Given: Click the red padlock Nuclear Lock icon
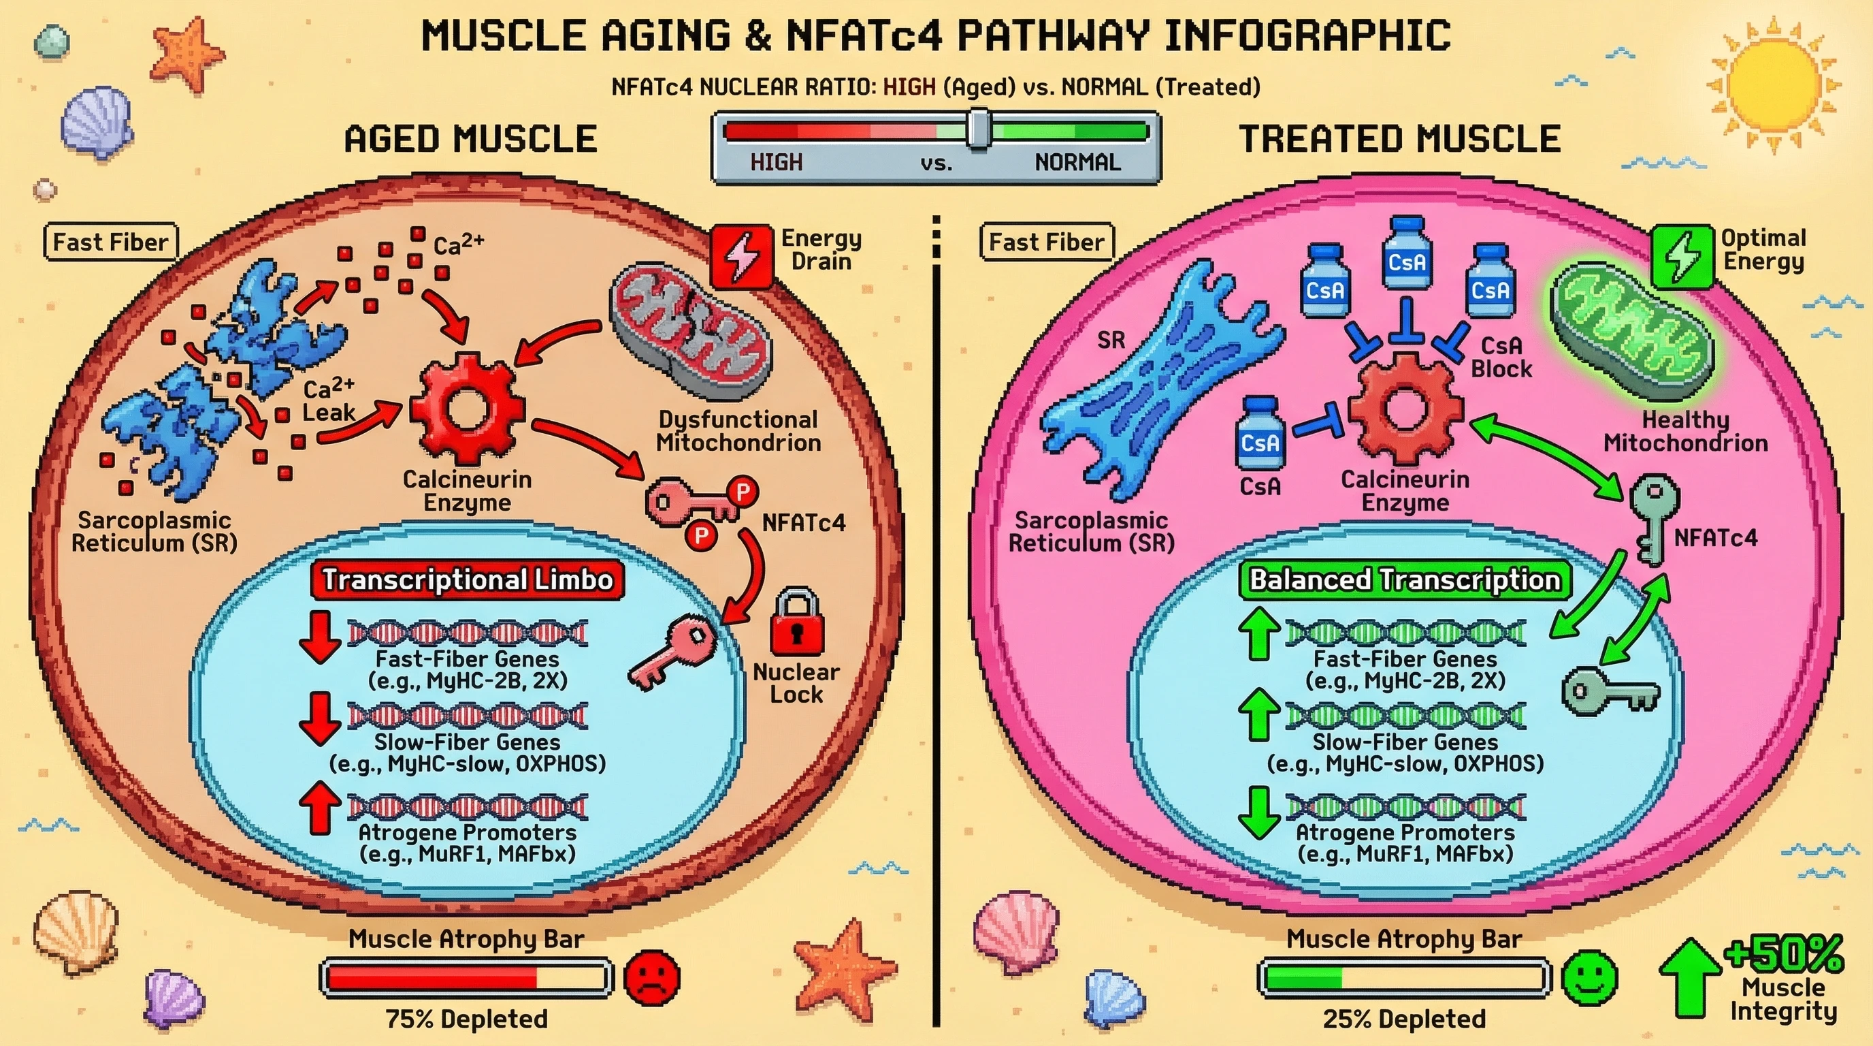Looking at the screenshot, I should pyautogui.click(x=797, y=624).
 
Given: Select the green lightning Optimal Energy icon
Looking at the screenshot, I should pyautogui.click(x=1682, y=256).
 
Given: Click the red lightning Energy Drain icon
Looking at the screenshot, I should pyautogui.click(x=742, y=256).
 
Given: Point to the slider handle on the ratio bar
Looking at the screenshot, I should pyautogui.click(x=979, y=129).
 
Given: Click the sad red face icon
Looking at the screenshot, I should pyautogui.click(x=652, y=978).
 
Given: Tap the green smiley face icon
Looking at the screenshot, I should pyautogui.click(x=1590, y=978).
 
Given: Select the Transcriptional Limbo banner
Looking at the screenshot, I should pyautogui.click(x=467, y=580).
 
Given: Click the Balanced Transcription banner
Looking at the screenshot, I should pyautogui.click(x=1404, y=580).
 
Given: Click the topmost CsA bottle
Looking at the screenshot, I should pyautogui.click(x=1406, y=254).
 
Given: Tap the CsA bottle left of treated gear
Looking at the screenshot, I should pyautogui.click(x=1260, y=434).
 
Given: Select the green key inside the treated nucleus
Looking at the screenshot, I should pyautogui.click(x=1609, y=692).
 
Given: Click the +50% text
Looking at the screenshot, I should pyautogui.click(x=1785, y=953).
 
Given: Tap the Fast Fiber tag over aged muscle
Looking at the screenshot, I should pyautogui.click(x=110, y=242).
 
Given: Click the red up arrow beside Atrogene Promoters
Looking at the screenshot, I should pyautogui.click(x=320, y=808).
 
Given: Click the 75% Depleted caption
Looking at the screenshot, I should pyautogui.click(x=466, y=1019).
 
